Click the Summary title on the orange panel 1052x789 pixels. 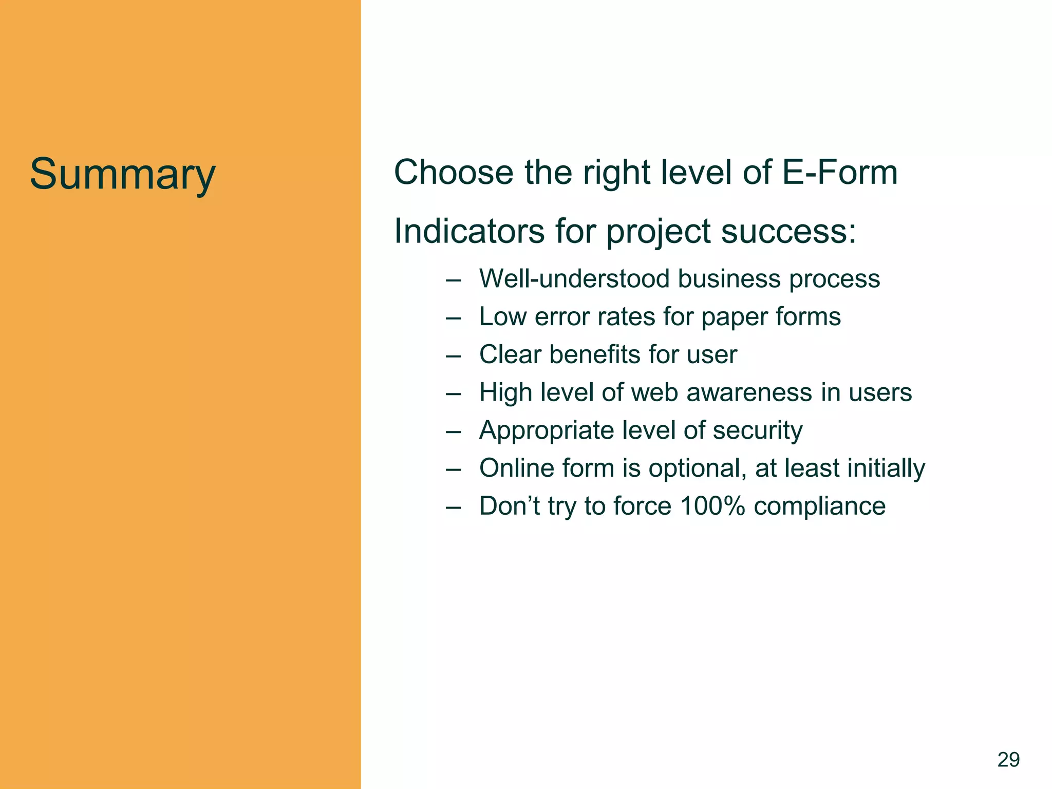tap(122, 175)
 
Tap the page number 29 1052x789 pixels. tap(1008, 759)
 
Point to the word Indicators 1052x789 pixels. tap(469, 231)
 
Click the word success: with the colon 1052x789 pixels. tap(789, 231)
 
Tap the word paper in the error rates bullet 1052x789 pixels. tap(734, 317)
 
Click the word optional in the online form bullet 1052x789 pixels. tap(697, 468)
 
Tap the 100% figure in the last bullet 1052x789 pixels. tap(712, 506)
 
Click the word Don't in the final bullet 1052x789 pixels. tap(509, 506)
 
